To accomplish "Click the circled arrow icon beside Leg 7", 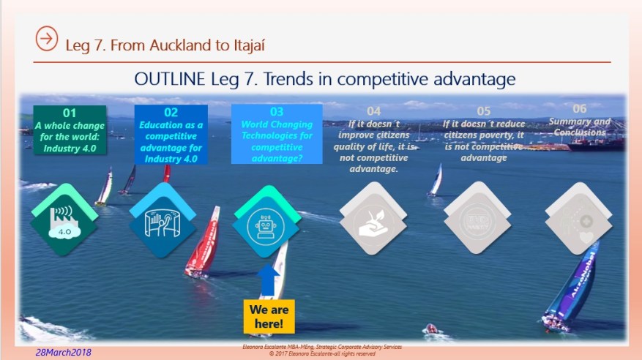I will coord(46,40).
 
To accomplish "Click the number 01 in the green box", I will coord(70,113).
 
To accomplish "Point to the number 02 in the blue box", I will coord(171,113).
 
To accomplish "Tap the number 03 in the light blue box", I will coord(276,112).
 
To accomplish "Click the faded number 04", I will coord(373,111).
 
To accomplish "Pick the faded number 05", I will coord(483,111).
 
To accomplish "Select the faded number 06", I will coord(580,108).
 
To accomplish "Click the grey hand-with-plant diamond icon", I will coord(373,222).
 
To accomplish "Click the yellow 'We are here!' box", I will coord(269,315).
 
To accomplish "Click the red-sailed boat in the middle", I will coord(204,241).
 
